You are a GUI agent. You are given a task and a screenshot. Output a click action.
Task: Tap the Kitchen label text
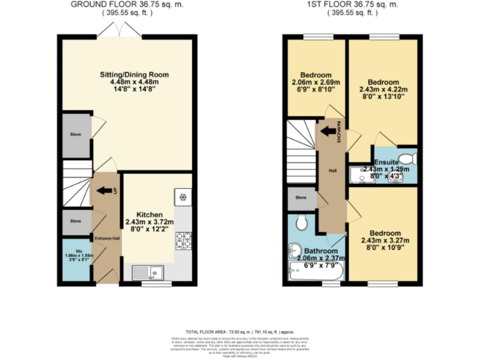coord(149,214)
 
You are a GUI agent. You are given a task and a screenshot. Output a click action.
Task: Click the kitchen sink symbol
coord(152,271)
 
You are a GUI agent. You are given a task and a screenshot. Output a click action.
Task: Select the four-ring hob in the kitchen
coord(184,239)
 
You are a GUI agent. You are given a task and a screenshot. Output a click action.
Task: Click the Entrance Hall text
coord(106,238)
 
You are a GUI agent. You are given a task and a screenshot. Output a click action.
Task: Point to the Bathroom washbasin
coord(295,251)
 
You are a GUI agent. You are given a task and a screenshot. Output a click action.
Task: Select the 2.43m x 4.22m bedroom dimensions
coord(383,90)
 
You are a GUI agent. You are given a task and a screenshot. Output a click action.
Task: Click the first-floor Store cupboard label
coord(301,198)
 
